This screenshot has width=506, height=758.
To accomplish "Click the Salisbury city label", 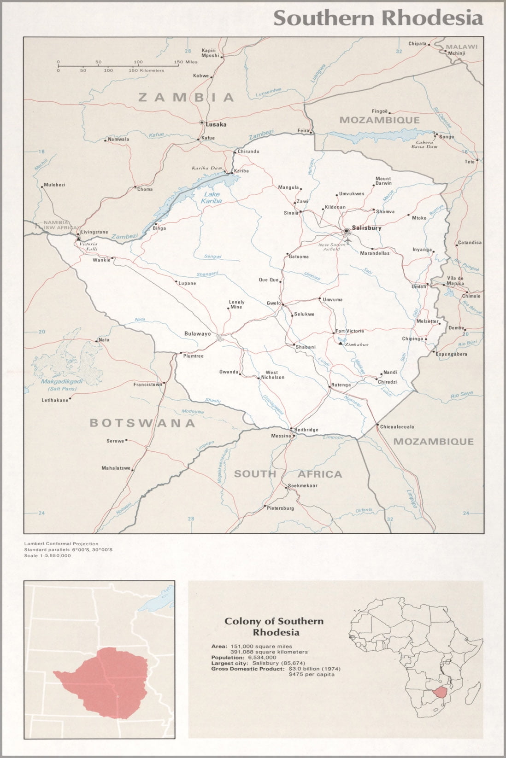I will tap(366, 228).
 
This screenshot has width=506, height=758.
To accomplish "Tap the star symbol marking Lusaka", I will tap(201, 122).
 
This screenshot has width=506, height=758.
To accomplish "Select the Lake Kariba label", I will tap(212, 198).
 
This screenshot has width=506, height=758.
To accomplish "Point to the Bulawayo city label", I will tap(197, 333).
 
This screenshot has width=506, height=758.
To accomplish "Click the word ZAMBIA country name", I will tap(186, 97).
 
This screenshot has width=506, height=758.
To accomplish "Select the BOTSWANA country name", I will tap(142, 423).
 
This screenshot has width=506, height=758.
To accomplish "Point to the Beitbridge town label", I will tap(306, 430).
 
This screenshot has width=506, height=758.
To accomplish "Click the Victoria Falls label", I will tap(88, 246).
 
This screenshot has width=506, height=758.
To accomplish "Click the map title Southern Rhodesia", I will tap(378, 18).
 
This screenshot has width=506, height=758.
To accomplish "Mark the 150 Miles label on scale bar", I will tap(185, 62).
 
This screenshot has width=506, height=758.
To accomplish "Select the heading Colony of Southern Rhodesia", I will tap(274, 626).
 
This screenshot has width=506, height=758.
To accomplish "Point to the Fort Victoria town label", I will tap(350, 331).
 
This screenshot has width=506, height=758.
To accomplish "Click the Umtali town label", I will tap(418, 287).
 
